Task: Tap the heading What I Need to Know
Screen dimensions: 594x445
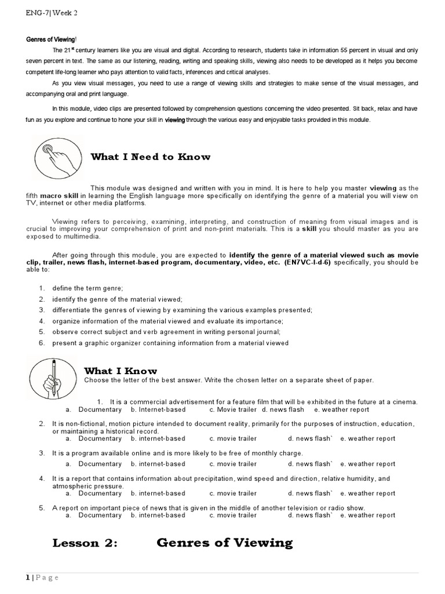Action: pyautogui.click(x=151, y=157)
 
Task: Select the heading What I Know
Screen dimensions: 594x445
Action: pyautogui.click(x=121, y=371)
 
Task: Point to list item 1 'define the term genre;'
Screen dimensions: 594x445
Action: pyautogui.click(x=87, y=288)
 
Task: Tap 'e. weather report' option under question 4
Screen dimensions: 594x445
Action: pyautogui.click(x=367, y=493)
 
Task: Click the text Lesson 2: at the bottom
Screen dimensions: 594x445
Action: pyautogui.click(x=85, y=543)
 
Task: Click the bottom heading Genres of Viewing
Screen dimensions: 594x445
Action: pyautogui.click(x=224, y=543)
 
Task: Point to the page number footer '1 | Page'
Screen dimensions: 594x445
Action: pyautogui.click(x=42, y=577)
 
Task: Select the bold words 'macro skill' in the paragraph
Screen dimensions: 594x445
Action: pyautogui.click(x=60, y=195)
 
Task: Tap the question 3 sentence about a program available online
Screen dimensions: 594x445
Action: pyautogui.click(x=177, y=452)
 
